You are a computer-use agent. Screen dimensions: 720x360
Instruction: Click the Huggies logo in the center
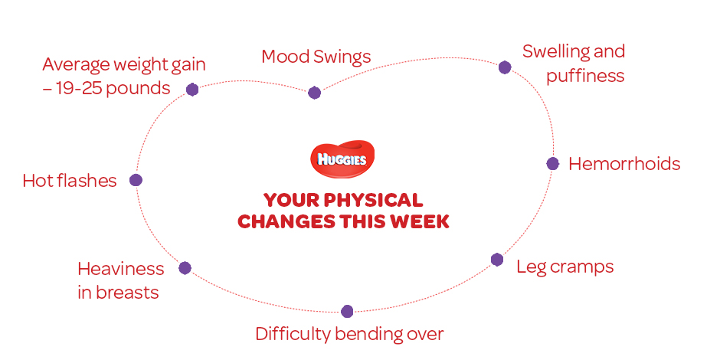(x=342, y=159)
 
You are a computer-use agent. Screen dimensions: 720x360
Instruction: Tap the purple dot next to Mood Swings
(x=314, y=93)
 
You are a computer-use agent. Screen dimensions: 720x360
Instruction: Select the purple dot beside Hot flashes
(x=136, y=180)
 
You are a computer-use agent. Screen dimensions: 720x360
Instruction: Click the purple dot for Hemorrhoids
(x=553, y=163)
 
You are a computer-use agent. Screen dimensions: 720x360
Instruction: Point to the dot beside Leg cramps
(x=497, y=260)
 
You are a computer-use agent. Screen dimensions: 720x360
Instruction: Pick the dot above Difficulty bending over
(x=347, y=311)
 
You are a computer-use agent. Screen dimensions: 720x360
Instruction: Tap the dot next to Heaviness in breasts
(x=185, y=268)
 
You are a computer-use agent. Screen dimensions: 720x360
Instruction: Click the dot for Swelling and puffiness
(x=505, y=67)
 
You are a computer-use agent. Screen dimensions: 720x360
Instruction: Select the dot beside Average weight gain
(x=192, y=90)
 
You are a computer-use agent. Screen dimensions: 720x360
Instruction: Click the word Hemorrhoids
(x=624, y=164)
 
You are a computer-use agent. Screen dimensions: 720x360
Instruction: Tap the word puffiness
(x=585, y=77)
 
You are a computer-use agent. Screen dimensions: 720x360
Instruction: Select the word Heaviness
(x=121, y=269)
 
